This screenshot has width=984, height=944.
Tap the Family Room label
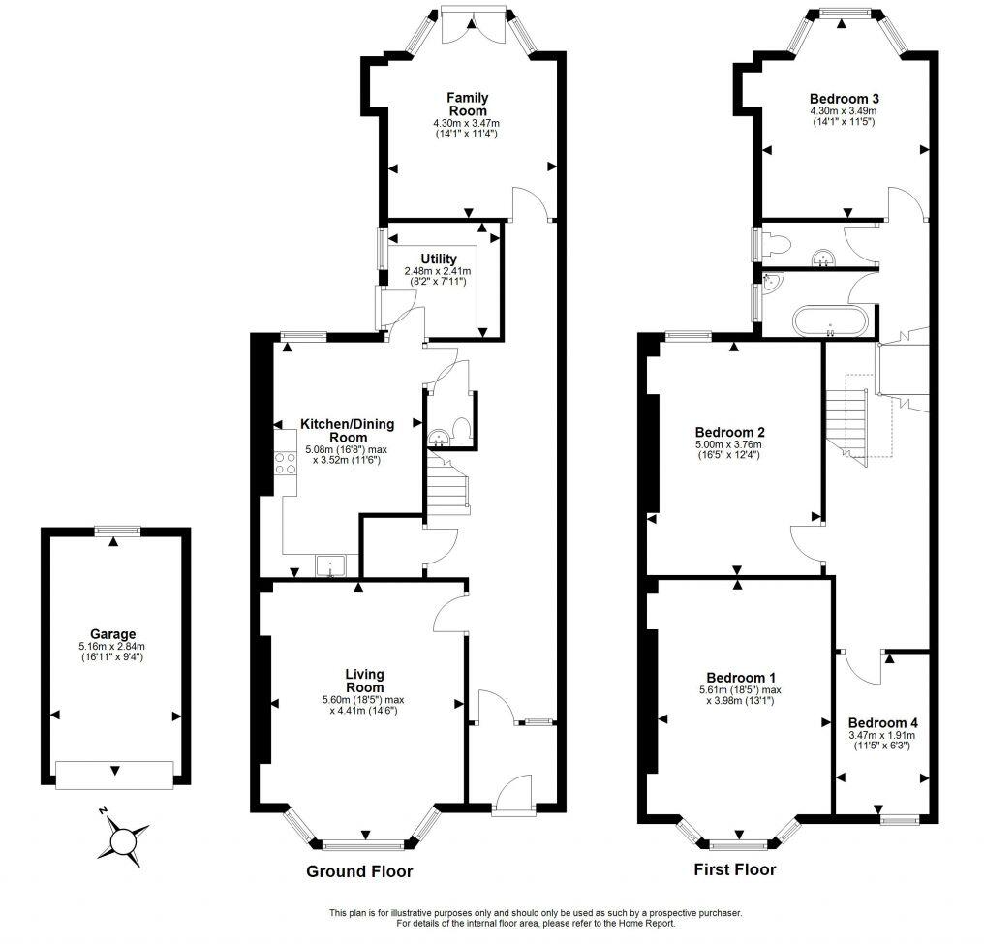point(467,104)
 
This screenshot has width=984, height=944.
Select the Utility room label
point(437,259)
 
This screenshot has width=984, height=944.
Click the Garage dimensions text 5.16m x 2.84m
point(113,646)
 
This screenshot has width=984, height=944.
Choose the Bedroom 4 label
point(882,722)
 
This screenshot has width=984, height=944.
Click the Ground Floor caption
point(359,871)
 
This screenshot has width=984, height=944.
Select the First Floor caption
point(735,869)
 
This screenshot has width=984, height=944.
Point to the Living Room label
point(365,681)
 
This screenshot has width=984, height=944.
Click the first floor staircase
point(846,416)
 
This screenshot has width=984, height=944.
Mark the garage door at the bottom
point(114,773)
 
